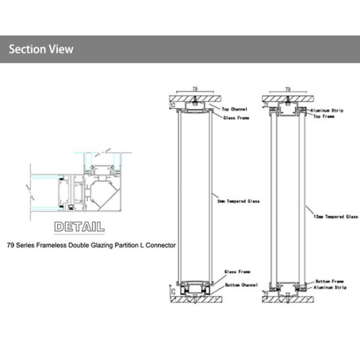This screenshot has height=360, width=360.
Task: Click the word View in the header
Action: point(62,49)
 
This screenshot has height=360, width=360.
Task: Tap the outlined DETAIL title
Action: point(79,227)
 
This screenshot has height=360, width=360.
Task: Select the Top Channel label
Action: point(235,110)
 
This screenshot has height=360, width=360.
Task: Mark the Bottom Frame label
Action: point(329,281)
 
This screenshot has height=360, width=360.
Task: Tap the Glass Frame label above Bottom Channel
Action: point(236,271)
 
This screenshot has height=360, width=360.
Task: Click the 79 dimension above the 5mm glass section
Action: point(195,88)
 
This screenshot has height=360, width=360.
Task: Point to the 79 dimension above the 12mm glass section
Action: point(288,88)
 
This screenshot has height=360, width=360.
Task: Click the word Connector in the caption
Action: point(162,245)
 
